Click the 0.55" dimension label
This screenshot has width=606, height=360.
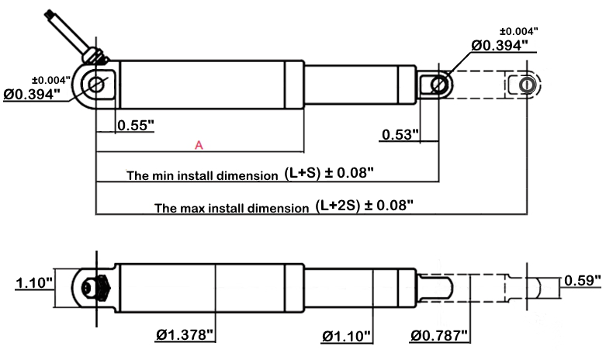pos(136,124)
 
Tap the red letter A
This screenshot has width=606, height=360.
pos(199,145)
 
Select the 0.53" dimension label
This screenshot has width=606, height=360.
pos(400,135)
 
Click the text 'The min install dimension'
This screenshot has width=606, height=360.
pos(202,175)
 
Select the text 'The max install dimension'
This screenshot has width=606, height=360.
pos(231,208)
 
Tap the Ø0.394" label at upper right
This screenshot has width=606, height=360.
pos(500,46)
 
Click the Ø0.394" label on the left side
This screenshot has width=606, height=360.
pos(31,94)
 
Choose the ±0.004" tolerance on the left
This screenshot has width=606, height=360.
pos(50,79)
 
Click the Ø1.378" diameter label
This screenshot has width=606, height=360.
pos(185,335)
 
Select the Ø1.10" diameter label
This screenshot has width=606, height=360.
pos(346,335)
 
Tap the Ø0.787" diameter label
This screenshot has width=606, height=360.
pos(439,335)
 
